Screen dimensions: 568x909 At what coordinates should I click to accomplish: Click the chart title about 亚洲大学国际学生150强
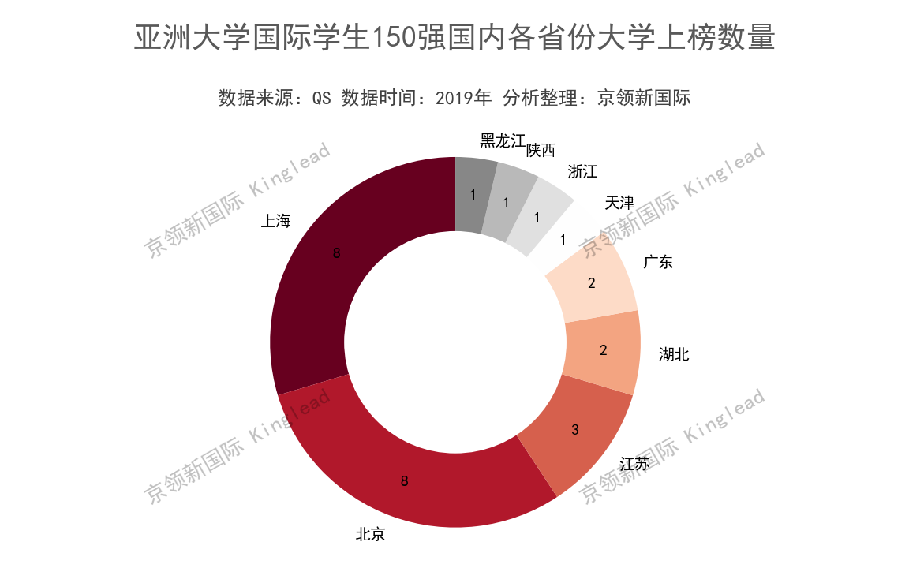454,38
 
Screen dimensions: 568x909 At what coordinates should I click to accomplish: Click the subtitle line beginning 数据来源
454,98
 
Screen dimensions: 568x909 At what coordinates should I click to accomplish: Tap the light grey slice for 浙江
538,216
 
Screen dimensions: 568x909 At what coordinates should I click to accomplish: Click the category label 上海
275,221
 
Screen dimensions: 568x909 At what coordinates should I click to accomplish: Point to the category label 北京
370,535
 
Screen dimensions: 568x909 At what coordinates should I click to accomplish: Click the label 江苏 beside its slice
634,464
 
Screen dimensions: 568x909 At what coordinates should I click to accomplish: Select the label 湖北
674,355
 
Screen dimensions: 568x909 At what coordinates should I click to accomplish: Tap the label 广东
658,262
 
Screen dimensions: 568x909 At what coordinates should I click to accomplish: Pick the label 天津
619,203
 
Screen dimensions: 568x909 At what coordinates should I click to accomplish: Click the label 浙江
582,171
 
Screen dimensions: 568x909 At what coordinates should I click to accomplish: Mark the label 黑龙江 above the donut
502,141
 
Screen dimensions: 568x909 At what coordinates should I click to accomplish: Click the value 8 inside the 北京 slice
404,480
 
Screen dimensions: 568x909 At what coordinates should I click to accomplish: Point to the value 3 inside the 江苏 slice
575,430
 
